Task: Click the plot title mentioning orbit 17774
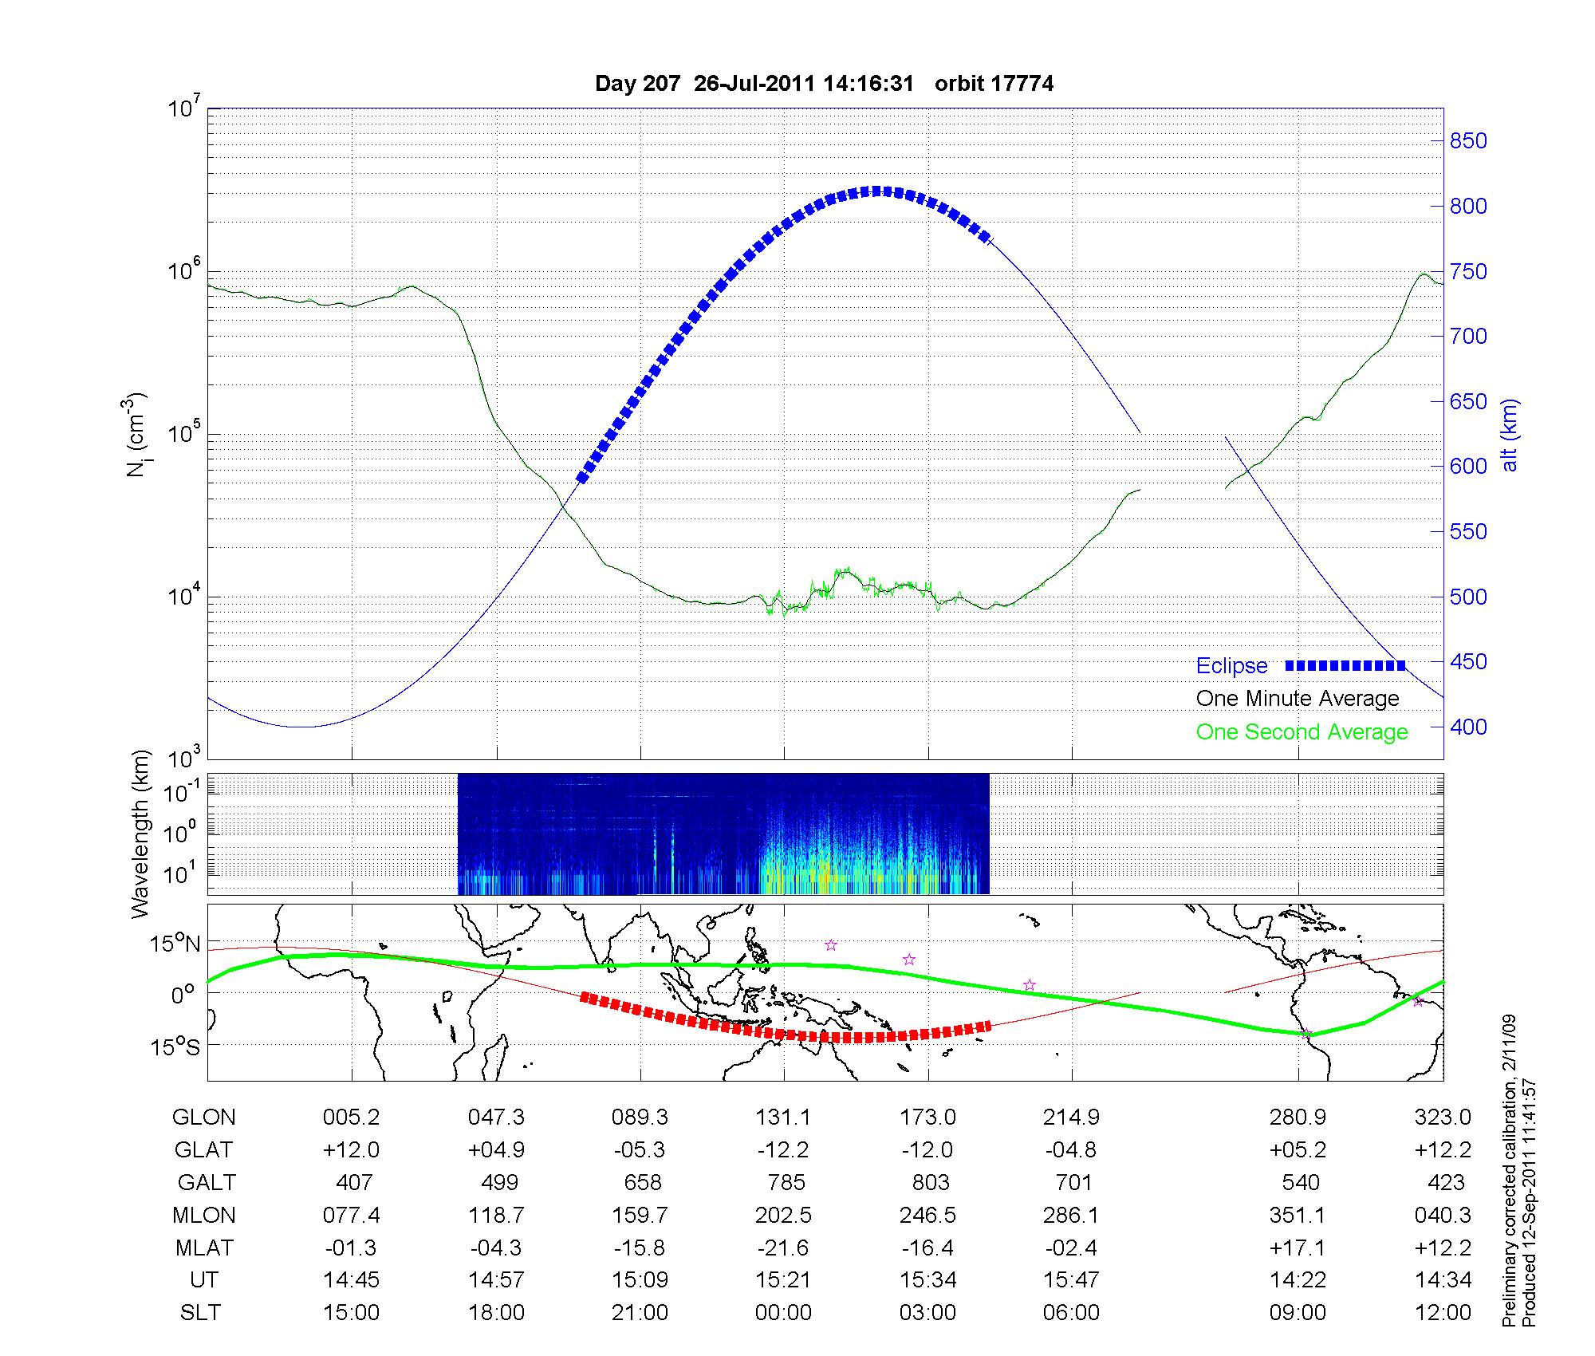click(x=824, y=84)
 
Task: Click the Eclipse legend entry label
click(x=1231, y=666)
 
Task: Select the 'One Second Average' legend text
click(x=1302, y=732)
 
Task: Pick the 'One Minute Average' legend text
click(x=1298, y=699)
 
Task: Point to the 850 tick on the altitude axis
click(x=1468, y=141)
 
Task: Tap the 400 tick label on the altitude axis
click(x=1468, y=727)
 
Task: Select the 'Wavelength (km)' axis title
click(x=141, y=834)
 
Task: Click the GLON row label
click(x=204, y=1118)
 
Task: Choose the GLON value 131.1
click(x=783, y=1118)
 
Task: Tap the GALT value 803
click(x=930, y=1182)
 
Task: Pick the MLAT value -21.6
click(x=783, y=1248)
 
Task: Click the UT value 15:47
click(x=1071, y=1280)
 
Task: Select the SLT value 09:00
click(x=1298, y=1313)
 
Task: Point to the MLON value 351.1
click(x=1298, y=1215)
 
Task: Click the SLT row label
click(x=200, y=1313)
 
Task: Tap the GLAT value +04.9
click(x=496, y=1150)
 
